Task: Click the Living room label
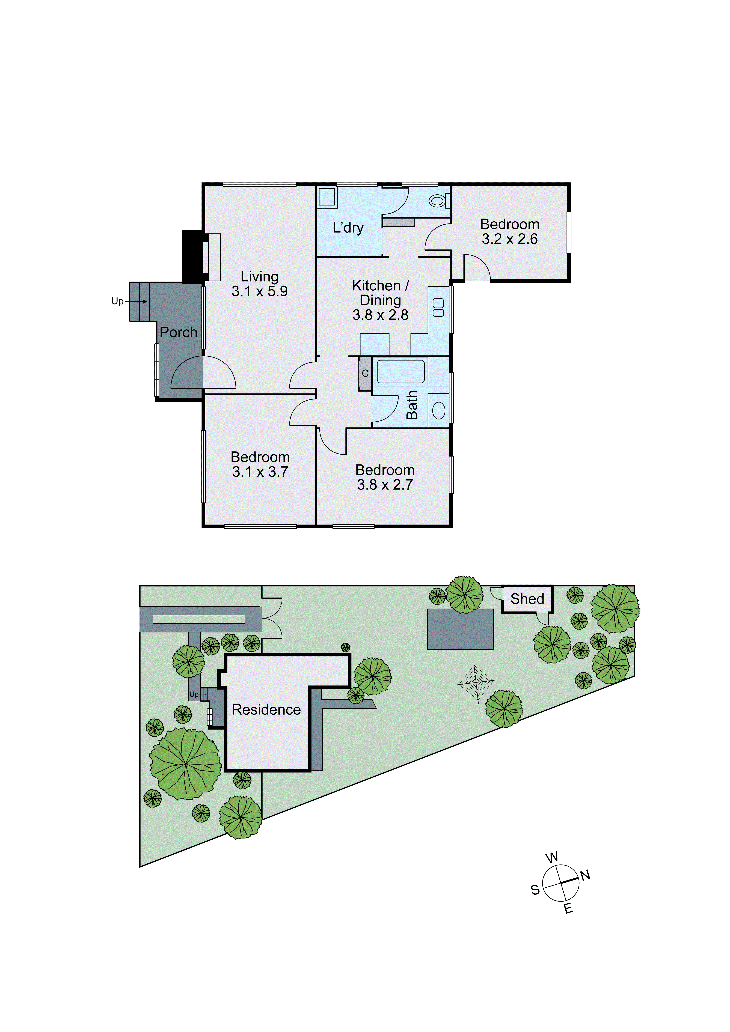click(x=259, y=276)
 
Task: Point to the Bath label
click(x=412, y=405)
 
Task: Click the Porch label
click(x=179, y=333)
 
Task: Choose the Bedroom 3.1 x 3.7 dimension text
click(x=260, y=472)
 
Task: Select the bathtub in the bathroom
click(x=400, y=371)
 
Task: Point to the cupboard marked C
click(x=365, y=373)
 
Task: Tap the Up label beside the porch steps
click(x=117, y=301)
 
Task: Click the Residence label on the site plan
click(x=266, y=710)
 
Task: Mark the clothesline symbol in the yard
click(x=476, y=683)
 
